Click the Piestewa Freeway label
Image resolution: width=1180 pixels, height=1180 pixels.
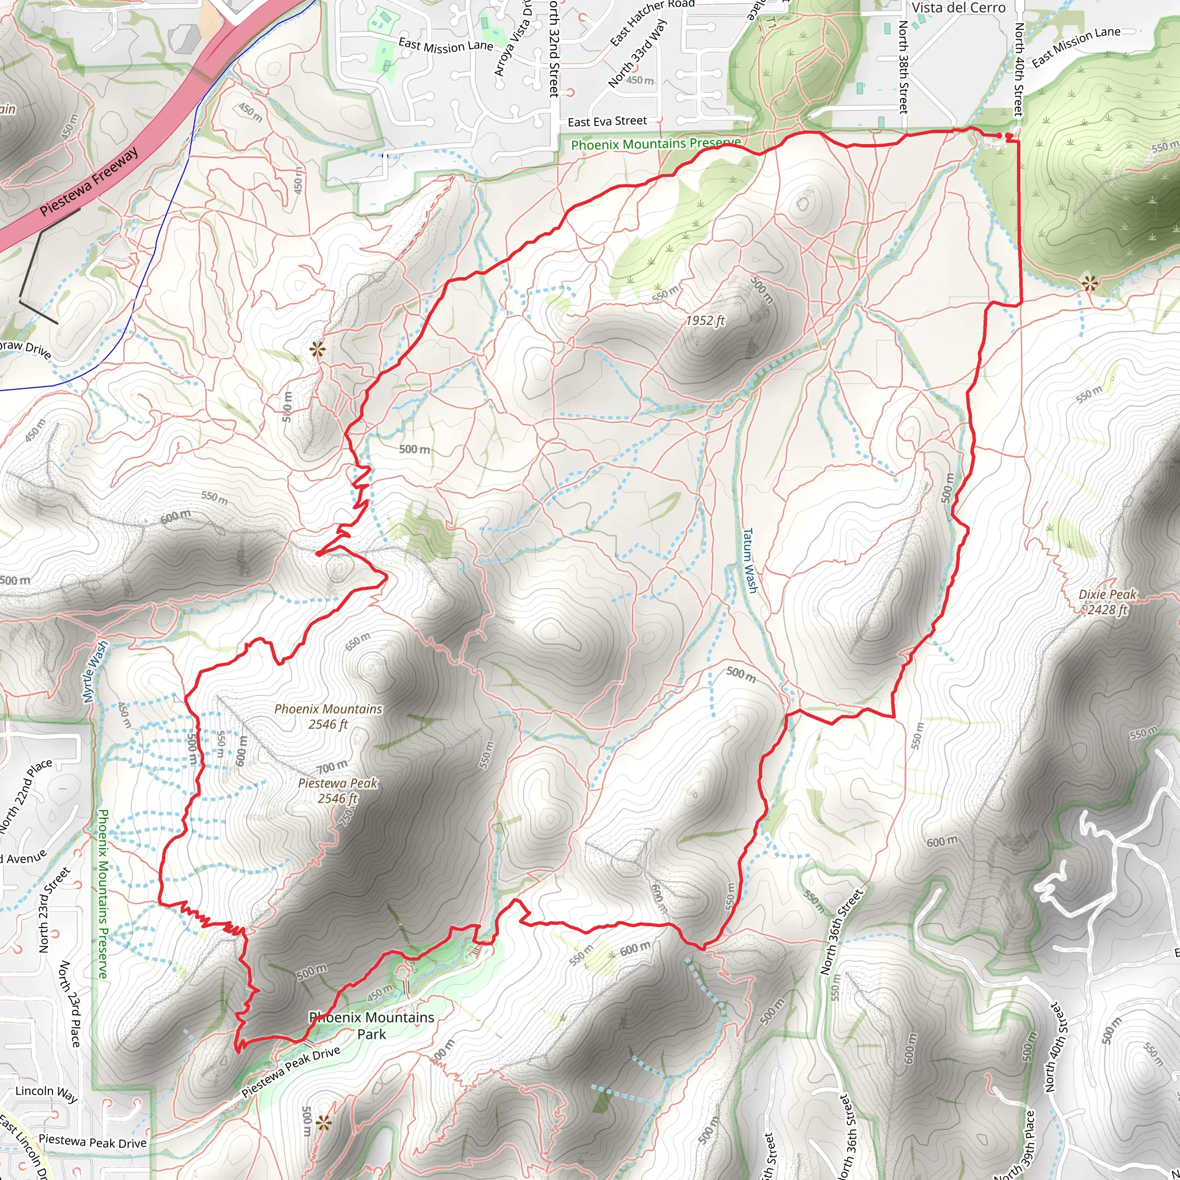pos(89,182)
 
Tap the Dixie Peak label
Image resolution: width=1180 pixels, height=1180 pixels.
pos(1107,602)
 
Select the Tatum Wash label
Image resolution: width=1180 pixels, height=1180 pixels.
pos(750,560)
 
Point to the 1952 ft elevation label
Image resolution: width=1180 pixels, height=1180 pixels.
pos(705,321)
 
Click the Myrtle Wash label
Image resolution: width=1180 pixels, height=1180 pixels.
pos(95,671)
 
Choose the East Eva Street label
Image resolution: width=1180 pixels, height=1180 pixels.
pos(607,122)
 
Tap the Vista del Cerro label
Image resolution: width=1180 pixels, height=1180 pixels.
pos(958,8)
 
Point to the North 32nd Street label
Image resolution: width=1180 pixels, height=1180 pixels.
pos(553,49)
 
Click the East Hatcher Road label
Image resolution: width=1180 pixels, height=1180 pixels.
pos(652,22)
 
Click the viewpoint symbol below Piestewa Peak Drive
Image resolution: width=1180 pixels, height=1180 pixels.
pos(323,1122)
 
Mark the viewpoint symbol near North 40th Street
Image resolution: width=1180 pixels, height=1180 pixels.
pos(1089,283)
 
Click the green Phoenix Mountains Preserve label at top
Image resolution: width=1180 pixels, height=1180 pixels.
pos(655,144)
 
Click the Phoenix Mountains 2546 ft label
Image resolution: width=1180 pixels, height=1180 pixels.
pos(328,716)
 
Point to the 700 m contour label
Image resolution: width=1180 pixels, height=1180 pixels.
pos(332,765)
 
